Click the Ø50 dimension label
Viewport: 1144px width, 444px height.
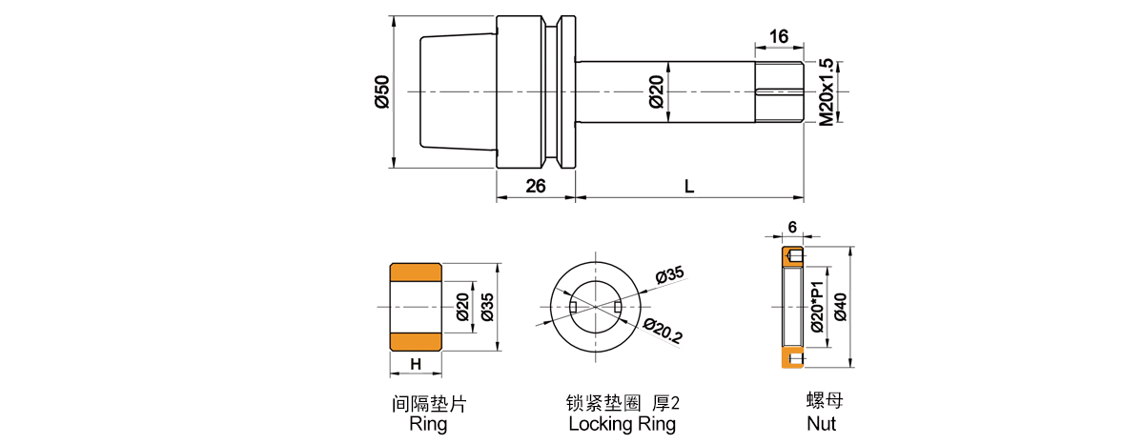(380, 91)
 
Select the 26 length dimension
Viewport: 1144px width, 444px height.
(535, 186)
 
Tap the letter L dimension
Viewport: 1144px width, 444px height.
(688, 186)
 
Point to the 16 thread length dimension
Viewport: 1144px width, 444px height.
(778, 36)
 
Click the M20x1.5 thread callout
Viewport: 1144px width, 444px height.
(827, 91)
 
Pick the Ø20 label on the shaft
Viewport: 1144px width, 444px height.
(656, 91)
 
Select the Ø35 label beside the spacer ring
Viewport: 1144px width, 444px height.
(487, 307)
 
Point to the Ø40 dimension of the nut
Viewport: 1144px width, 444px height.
(840, 307)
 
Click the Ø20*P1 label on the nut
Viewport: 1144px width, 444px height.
(817, 307)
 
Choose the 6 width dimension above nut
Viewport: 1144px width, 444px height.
(792, 228)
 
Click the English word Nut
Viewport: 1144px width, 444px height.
(821, 423)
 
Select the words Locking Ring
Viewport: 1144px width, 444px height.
(622, 424)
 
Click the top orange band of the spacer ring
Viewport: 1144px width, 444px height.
(415, 272)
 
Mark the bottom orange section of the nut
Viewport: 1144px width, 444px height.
(792, 357)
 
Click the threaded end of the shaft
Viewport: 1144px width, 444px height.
(779, 91)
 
